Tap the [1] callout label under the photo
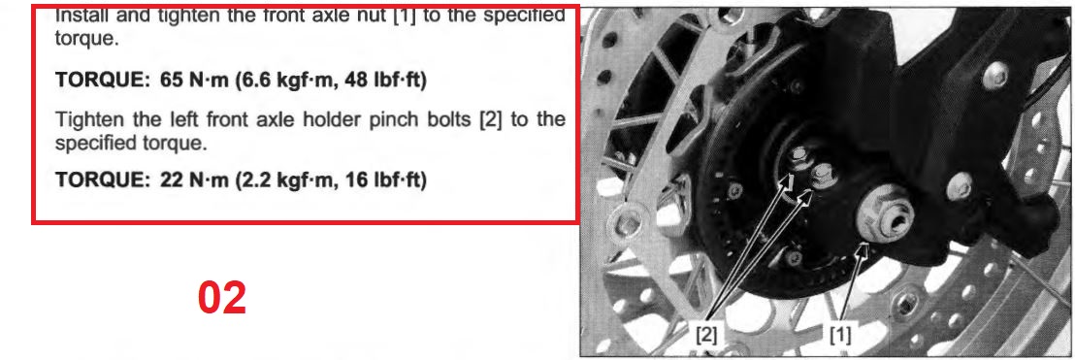click(840, 336)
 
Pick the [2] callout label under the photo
click(707, 336)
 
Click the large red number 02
click(222, 298)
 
